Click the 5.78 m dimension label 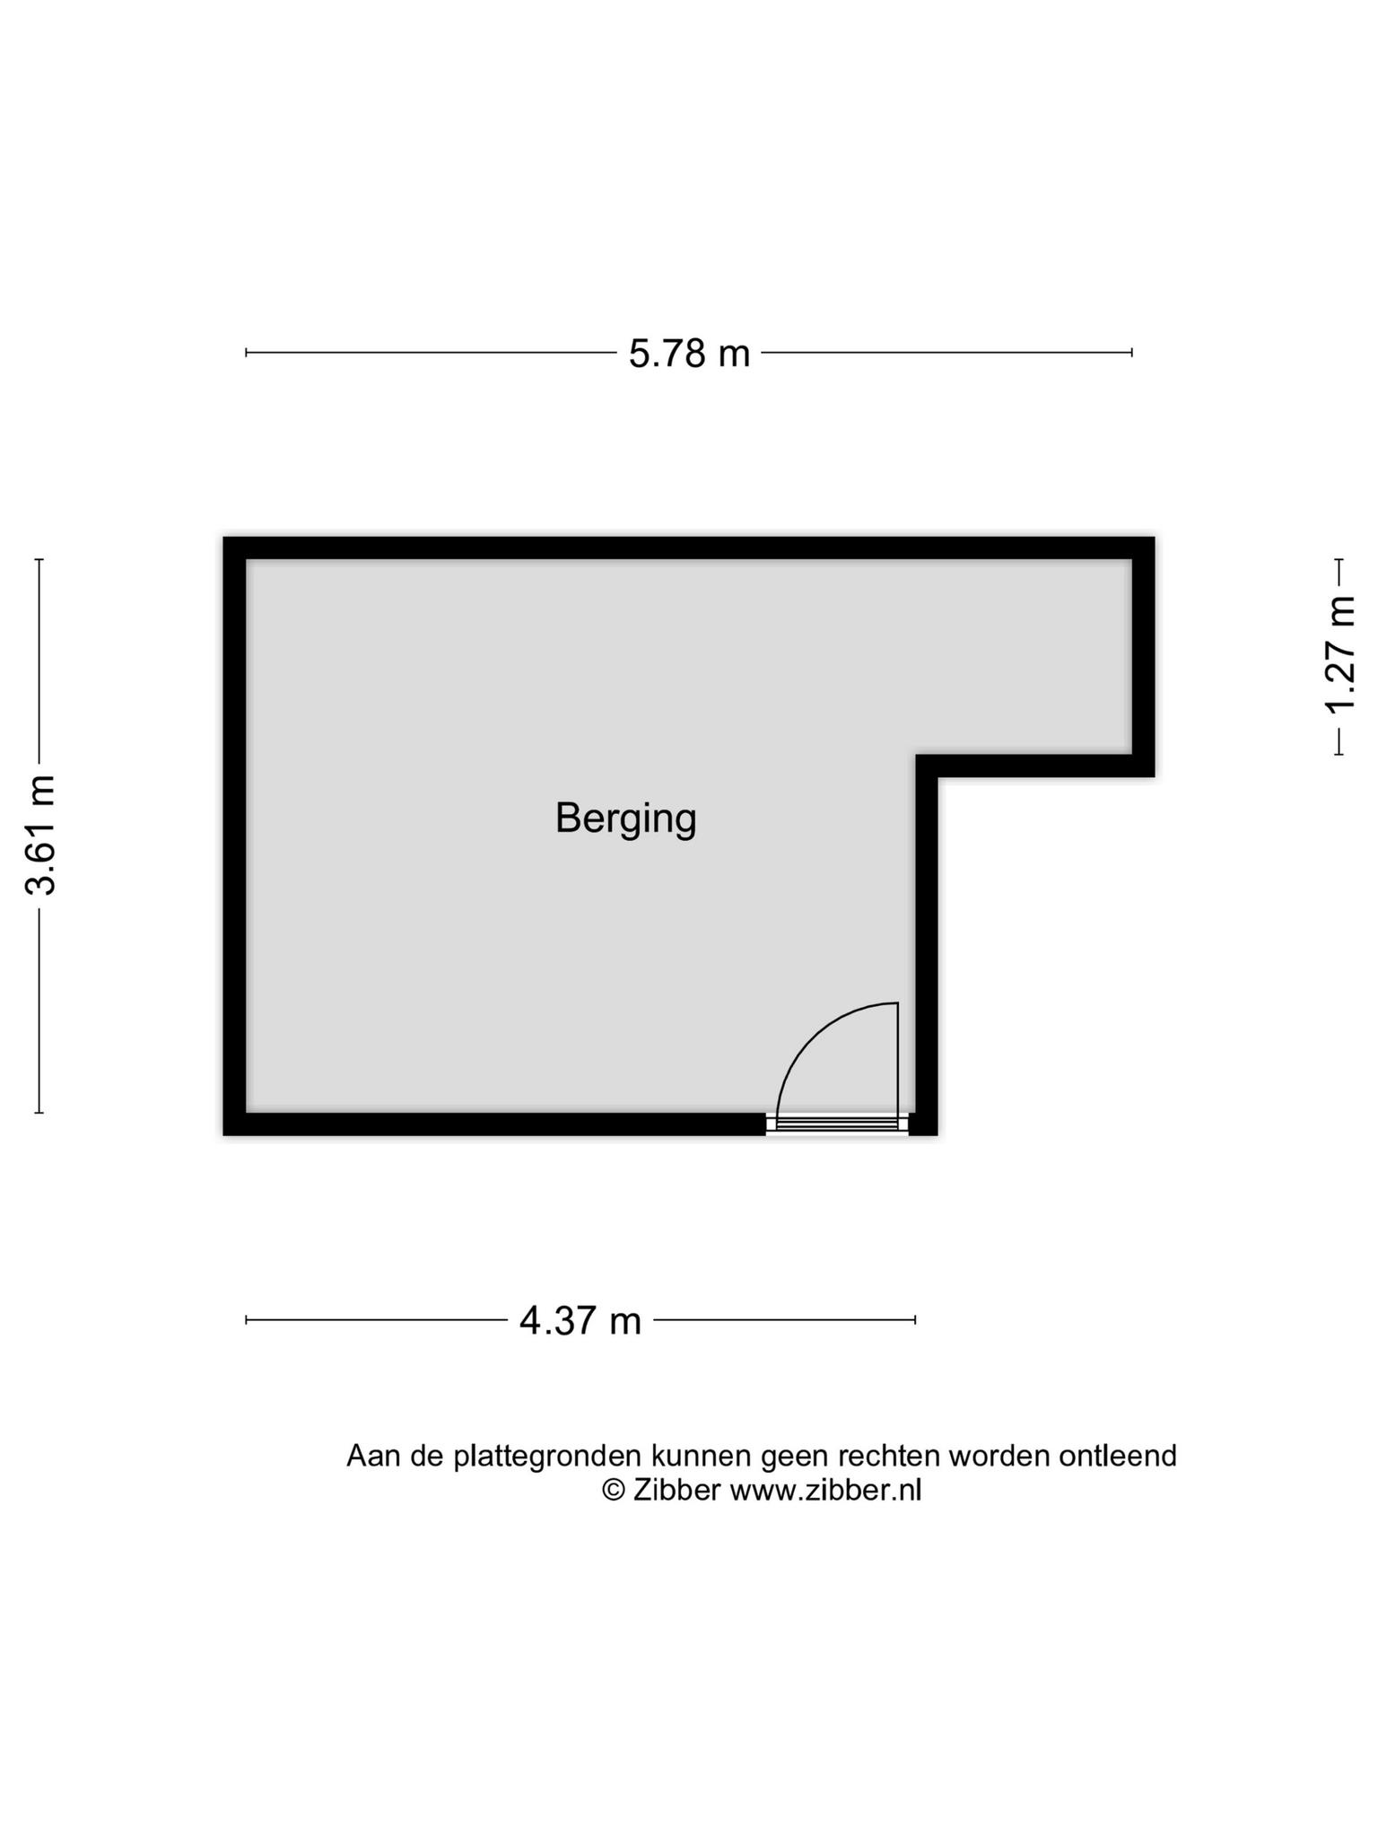point(689,354)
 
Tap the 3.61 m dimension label point(41,835)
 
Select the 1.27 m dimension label point(1339,656)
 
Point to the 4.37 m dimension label point(580,1321)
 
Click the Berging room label point(625,819)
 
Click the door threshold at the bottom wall point(838,1124)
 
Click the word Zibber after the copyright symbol point(676,1491)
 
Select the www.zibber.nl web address point(825,1491)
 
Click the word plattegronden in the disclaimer point(547,1457)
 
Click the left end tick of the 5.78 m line point(246,353)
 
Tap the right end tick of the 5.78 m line point(1132,353)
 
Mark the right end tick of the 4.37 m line point(915,1319)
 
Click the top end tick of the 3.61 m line point(39,559)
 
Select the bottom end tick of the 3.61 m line point(39,1113)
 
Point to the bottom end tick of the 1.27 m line point(1339,755)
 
